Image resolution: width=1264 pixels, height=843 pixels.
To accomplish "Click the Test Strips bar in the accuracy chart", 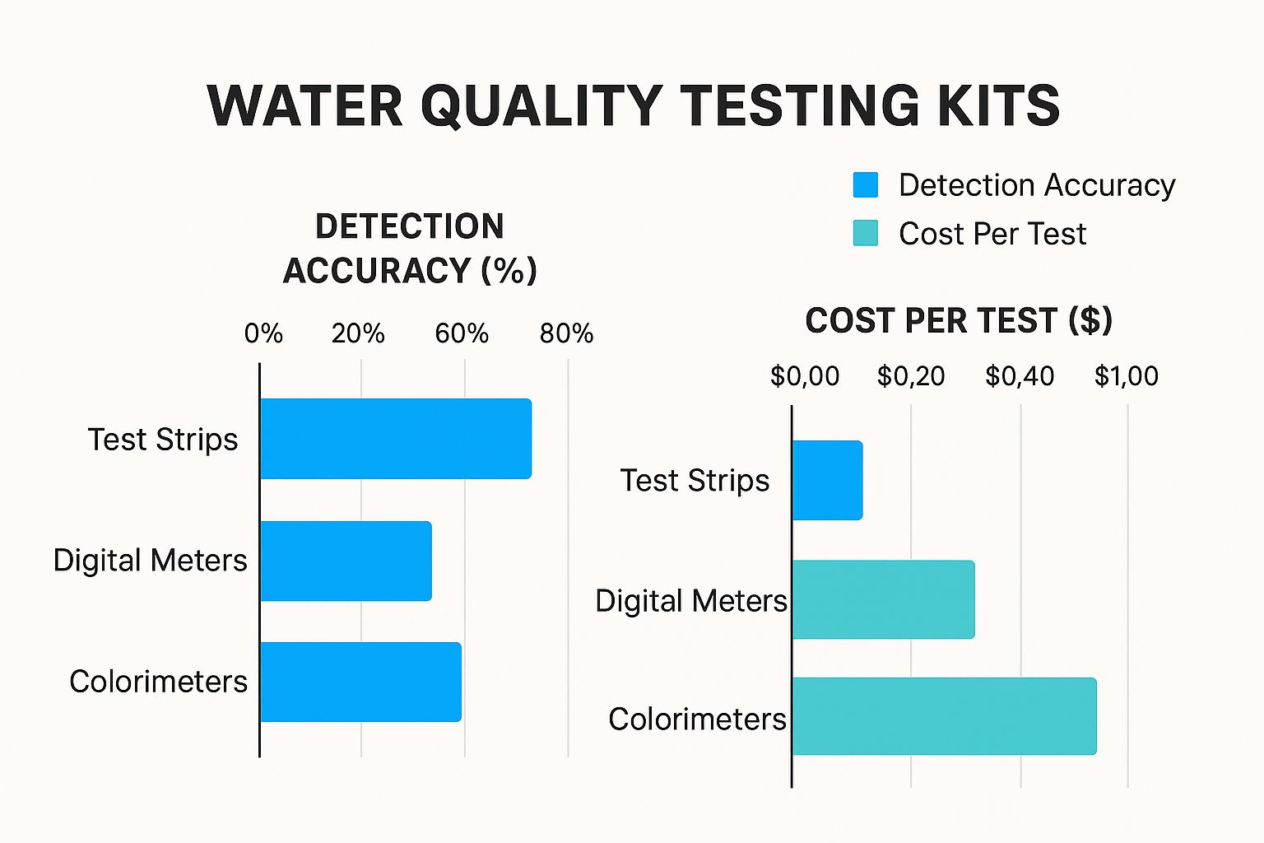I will click(395, 439).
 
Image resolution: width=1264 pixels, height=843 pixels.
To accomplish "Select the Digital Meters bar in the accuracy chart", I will click(346, 561).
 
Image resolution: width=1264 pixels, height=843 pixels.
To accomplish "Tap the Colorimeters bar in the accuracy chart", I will click(360, 682).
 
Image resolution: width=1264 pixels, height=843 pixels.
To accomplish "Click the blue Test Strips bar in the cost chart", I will click(827, 480).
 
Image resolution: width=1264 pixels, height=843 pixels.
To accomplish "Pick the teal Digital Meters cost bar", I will click(883, 599).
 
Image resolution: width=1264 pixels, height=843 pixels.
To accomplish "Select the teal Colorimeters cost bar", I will click(944, 716).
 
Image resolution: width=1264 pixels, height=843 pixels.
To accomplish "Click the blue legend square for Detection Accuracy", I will click(866, 185).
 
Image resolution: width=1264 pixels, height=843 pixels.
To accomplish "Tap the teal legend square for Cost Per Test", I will click(866, 233).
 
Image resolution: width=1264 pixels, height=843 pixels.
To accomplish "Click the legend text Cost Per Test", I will click(992, 234).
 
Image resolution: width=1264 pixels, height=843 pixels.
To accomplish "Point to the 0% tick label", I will click(263, 333).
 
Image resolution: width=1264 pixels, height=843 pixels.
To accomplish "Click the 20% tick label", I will click(358, 333).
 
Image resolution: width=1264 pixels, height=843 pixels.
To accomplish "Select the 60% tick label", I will click(462, 333).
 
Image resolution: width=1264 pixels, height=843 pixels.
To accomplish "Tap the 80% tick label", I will click(566, 333).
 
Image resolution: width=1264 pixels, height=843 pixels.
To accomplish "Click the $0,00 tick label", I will click(804, 376).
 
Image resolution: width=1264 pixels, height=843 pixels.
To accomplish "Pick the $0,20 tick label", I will click(911, 376).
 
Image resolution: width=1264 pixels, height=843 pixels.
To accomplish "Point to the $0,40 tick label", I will click(1020, 376).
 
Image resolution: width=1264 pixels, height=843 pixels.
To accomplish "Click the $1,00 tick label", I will click(1126, 376).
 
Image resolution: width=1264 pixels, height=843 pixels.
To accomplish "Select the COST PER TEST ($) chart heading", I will click(959, 320).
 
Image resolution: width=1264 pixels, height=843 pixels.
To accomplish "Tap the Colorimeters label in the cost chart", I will click(697, 719).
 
